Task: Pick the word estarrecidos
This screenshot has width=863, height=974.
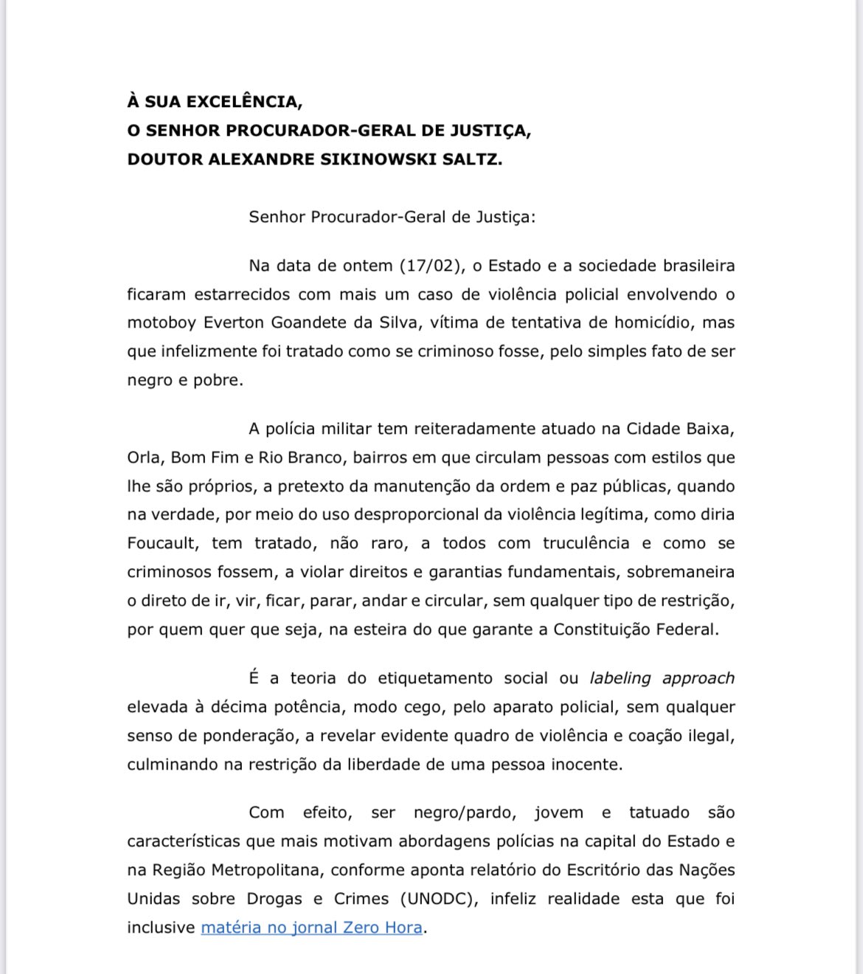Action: [x=242, y=294]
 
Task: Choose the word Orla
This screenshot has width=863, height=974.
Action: [x=143, y=457]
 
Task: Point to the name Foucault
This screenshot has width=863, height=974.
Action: [x=162, y=544]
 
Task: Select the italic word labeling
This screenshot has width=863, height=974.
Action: [x=620, y=678]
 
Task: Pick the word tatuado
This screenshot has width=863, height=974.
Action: [x=659, y=813]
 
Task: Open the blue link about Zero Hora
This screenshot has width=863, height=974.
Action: [x=311, y=928]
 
